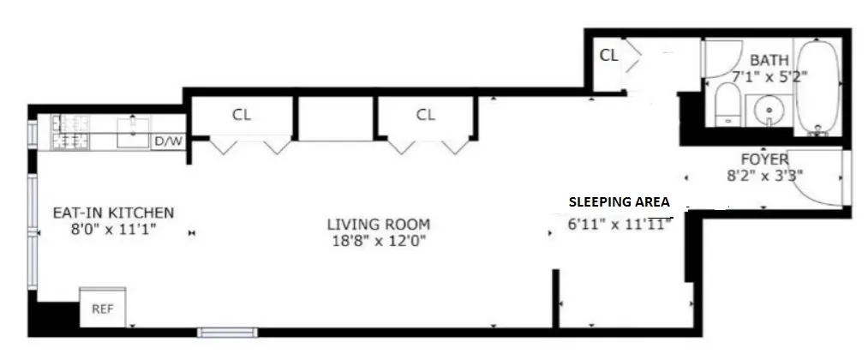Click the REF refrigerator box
pos(103,309)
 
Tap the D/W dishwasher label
pos(168,142)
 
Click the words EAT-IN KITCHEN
pos(114,213)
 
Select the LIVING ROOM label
pos(379,225)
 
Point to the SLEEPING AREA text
pos(619,203)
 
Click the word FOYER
pos(764,160)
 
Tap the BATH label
pos(769,61)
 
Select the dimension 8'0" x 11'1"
pos(114,229)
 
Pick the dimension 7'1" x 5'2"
pos(769,76)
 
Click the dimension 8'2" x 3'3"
pos(764,177)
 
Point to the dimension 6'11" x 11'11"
pos(617,225)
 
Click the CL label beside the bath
pos(608,57)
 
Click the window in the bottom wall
pos(227,332)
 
